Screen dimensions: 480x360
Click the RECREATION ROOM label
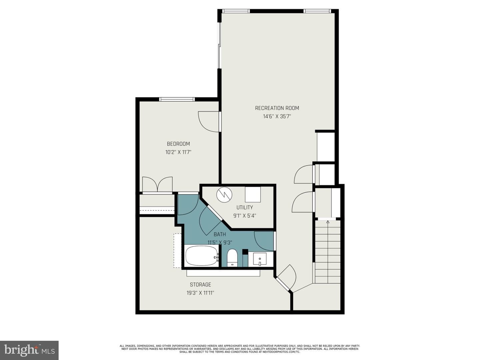277,108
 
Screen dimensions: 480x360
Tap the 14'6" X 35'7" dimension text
277,116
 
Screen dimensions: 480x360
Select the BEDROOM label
178,144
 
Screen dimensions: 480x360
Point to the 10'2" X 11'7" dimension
178,152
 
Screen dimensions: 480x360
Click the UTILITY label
244,207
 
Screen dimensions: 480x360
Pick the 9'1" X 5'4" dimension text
244,216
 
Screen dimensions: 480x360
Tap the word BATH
220,235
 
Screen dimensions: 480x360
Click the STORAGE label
200,285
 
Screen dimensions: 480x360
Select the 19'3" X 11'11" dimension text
200,293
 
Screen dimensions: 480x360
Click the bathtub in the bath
202,256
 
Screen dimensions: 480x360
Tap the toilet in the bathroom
232,258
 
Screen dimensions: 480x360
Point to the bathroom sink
260,259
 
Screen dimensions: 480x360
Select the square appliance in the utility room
253,194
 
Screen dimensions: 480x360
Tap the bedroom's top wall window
177,99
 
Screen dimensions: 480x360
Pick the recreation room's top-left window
236,11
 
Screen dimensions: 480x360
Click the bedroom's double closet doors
157,184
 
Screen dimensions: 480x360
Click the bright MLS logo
29,350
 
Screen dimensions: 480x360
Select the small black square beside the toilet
245,252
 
